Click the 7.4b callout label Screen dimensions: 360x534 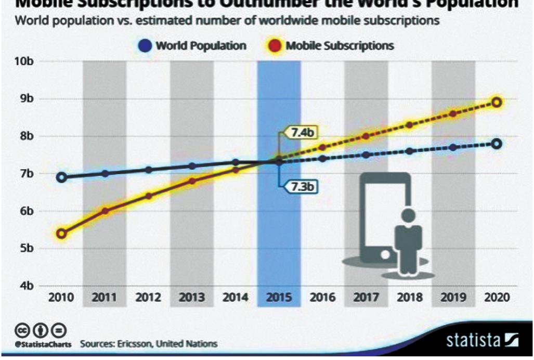pyautogui.click(x=303, y=133)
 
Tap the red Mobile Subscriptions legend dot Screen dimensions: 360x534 pyautogui.click(x=277, y=46)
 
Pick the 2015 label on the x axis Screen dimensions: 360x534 pyautogui.click(x=279, y=299)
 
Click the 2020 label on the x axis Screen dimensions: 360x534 pyautogui.click(x=496, y=299)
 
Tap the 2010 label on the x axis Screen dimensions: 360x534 pyautogui.click(x=61, y=299)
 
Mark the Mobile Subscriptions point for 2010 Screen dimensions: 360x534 pyautogui.click(x=61, y=234)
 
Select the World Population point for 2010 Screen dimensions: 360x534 pyautogui.click(x=61, y=177)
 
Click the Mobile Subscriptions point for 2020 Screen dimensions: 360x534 pyautogui.click(x=497, y=102)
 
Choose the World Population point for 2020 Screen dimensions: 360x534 pyautogui.click(x=497, y=144)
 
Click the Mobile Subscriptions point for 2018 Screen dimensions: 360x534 pyautogui.click(x=409, y=125)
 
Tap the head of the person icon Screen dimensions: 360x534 pyautogui.click(x=408, y=215)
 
